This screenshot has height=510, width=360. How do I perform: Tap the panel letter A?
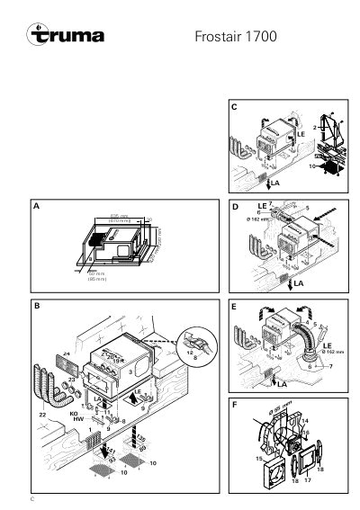(x=36, y=207)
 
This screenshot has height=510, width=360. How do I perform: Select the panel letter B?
(x=36, y=306)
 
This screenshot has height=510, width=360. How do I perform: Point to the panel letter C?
(x=234, y=108)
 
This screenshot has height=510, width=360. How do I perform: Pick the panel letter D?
(x=234, y=207)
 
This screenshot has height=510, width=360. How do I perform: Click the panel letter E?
(x=234, y=306)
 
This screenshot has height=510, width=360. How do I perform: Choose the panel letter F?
(x=234, y=405)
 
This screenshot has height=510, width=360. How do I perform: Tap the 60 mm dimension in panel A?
(x=92, y=276)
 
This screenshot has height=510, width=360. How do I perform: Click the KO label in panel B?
(x=75, y=415)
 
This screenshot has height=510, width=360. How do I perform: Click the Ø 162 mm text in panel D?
(x=258, y=219)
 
